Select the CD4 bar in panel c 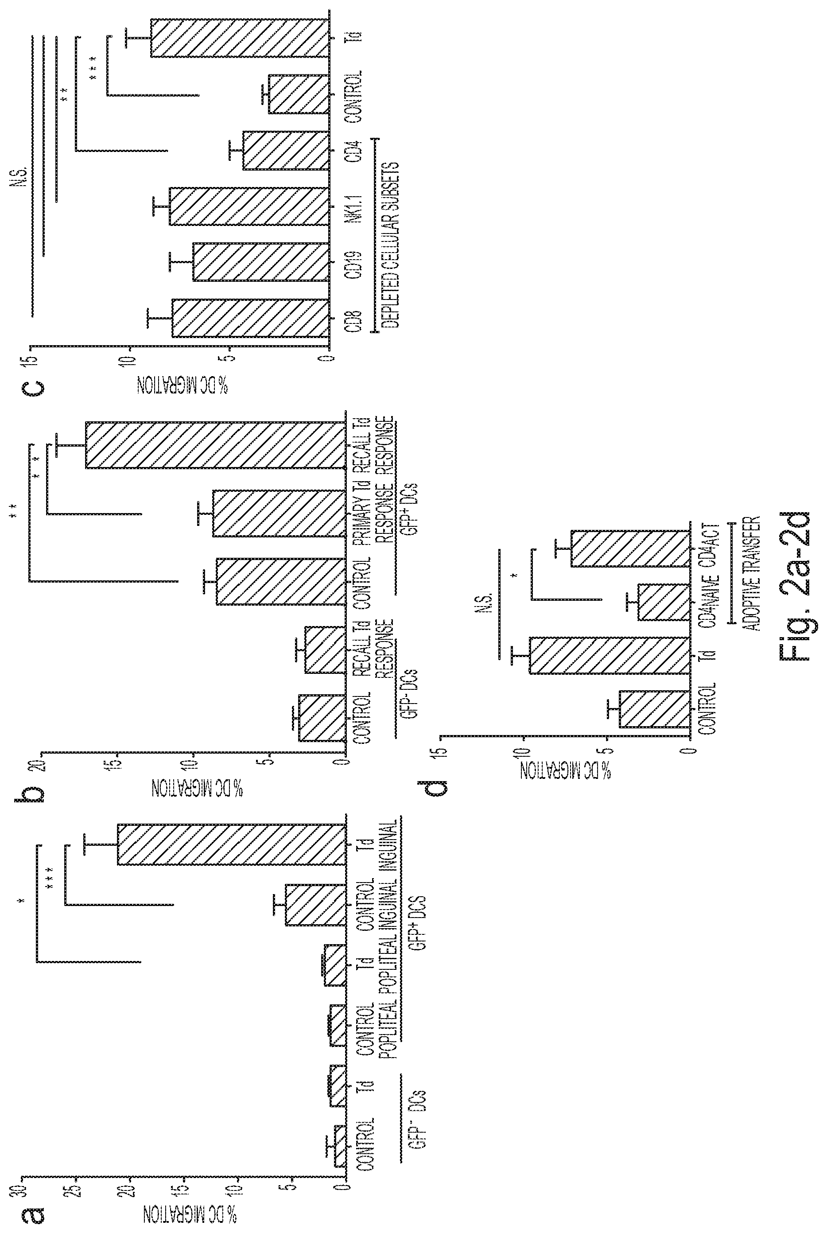(x=286, y=151)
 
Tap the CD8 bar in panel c (x=251, y=318)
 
